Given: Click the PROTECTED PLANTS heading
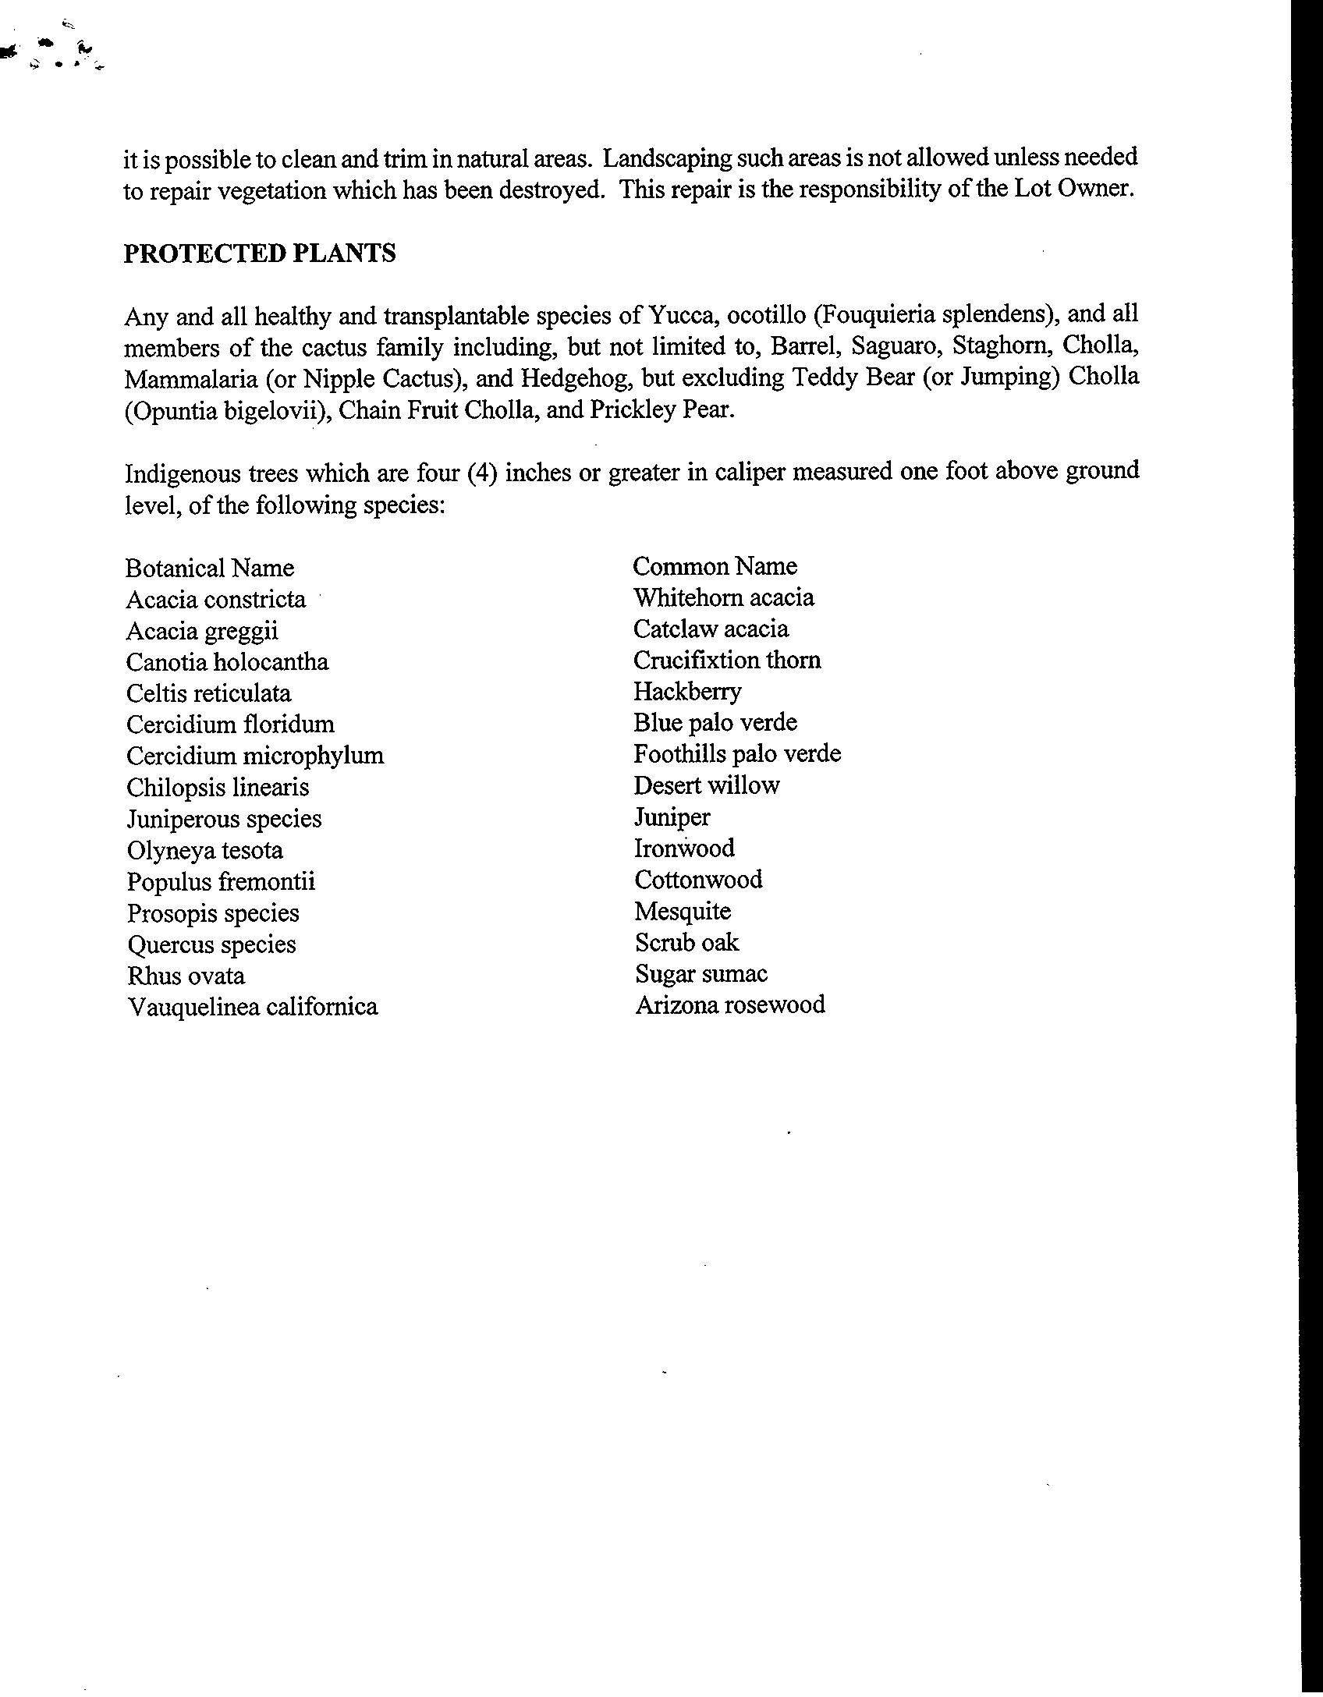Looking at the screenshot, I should [260, 253].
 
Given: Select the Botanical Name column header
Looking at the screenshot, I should [210, 568].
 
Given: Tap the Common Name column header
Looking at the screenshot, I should [715, 566].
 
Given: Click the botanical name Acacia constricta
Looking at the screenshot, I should [216, 600].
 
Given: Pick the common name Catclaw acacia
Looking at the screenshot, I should [711, 629].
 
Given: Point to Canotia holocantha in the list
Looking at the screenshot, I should [227, 662].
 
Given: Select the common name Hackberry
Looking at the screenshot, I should [687, 692].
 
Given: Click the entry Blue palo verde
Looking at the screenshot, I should [715, 723].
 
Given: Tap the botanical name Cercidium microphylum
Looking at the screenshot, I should [255, 756].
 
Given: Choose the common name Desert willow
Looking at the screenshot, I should [706, 785].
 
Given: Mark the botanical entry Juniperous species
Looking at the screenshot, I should [224, 819].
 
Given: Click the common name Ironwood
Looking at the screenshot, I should [684, 848].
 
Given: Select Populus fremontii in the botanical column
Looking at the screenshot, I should [222, 882].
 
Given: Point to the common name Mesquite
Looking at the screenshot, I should [683, 911].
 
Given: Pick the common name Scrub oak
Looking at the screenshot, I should [686, 943].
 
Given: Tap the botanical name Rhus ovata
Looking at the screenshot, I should [186, 976].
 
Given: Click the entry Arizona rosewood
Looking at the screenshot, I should [730, 1004].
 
